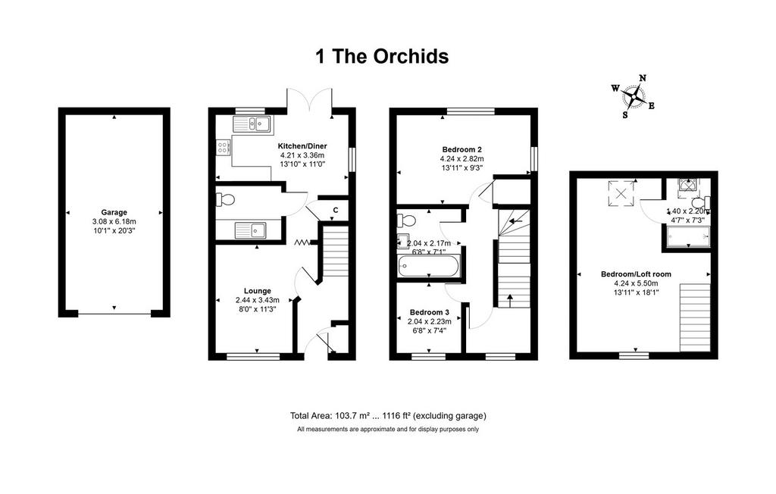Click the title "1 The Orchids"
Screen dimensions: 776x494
(x=382, y=56)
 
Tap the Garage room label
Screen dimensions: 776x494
(x=114, y=212)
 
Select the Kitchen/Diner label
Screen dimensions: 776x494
(x=302, y=146)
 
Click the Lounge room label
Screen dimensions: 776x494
(x=258, y=291)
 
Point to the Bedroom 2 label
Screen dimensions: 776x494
(x=462, y=149)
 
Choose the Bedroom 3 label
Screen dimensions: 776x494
(x=430, y=312)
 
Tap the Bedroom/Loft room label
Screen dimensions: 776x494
(x=636, y=274)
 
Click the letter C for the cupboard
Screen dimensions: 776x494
(x=336, y=211)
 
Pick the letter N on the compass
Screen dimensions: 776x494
(x=643, y=78)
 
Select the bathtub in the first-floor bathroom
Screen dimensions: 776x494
(x=429, y=267)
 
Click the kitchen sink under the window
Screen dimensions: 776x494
(x=252, y=124)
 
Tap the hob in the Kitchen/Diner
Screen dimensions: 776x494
(x=224, y=146)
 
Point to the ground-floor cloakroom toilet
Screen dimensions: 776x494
(x=224, y=199)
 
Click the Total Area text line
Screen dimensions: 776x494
(x=388, y=416)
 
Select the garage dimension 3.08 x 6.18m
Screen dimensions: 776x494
(x=114, y=222)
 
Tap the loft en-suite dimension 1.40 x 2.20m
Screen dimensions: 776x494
(x=688, y=211)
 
